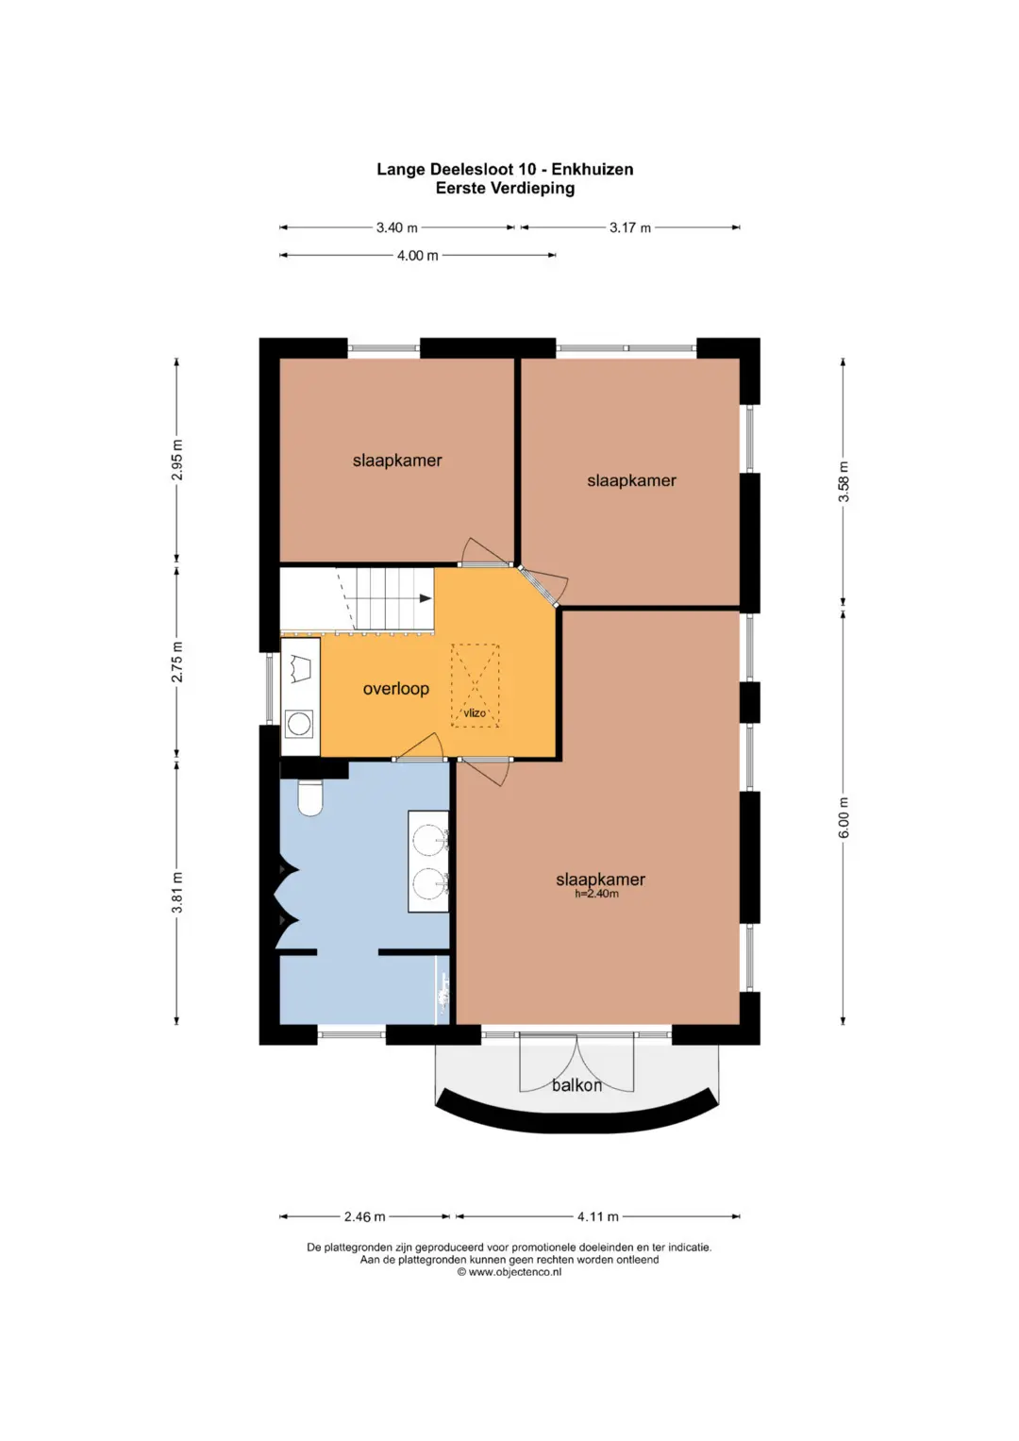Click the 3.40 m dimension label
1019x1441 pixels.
click(396, 227)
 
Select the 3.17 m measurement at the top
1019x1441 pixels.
click(630, 227)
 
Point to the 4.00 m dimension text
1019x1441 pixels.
click(417, 256)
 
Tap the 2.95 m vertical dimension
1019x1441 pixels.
click(177, 460)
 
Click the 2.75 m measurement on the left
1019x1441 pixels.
click(177, 662)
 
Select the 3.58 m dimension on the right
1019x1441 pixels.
click(844, 482)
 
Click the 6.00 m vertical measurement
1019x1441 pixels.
click(844, 817)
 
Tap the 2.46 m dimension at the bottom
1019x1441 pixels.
click(364, 1216)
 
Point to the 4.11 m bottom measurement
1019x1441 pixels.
click(597, 1216)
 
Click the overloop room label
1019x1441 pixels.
click(395, 689)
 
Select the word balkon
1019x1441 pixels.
click(577, 1085)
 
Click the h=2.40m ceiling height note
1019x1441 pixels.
click(596, 894)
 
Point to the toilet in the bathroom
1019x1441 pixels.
click(310, 797)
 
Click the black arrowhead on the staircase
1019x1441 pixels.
click(426, 598)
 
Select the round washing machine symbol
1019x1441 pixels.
click(299, 724)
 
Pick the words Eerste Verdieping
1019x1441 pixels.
click(505, 189)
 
